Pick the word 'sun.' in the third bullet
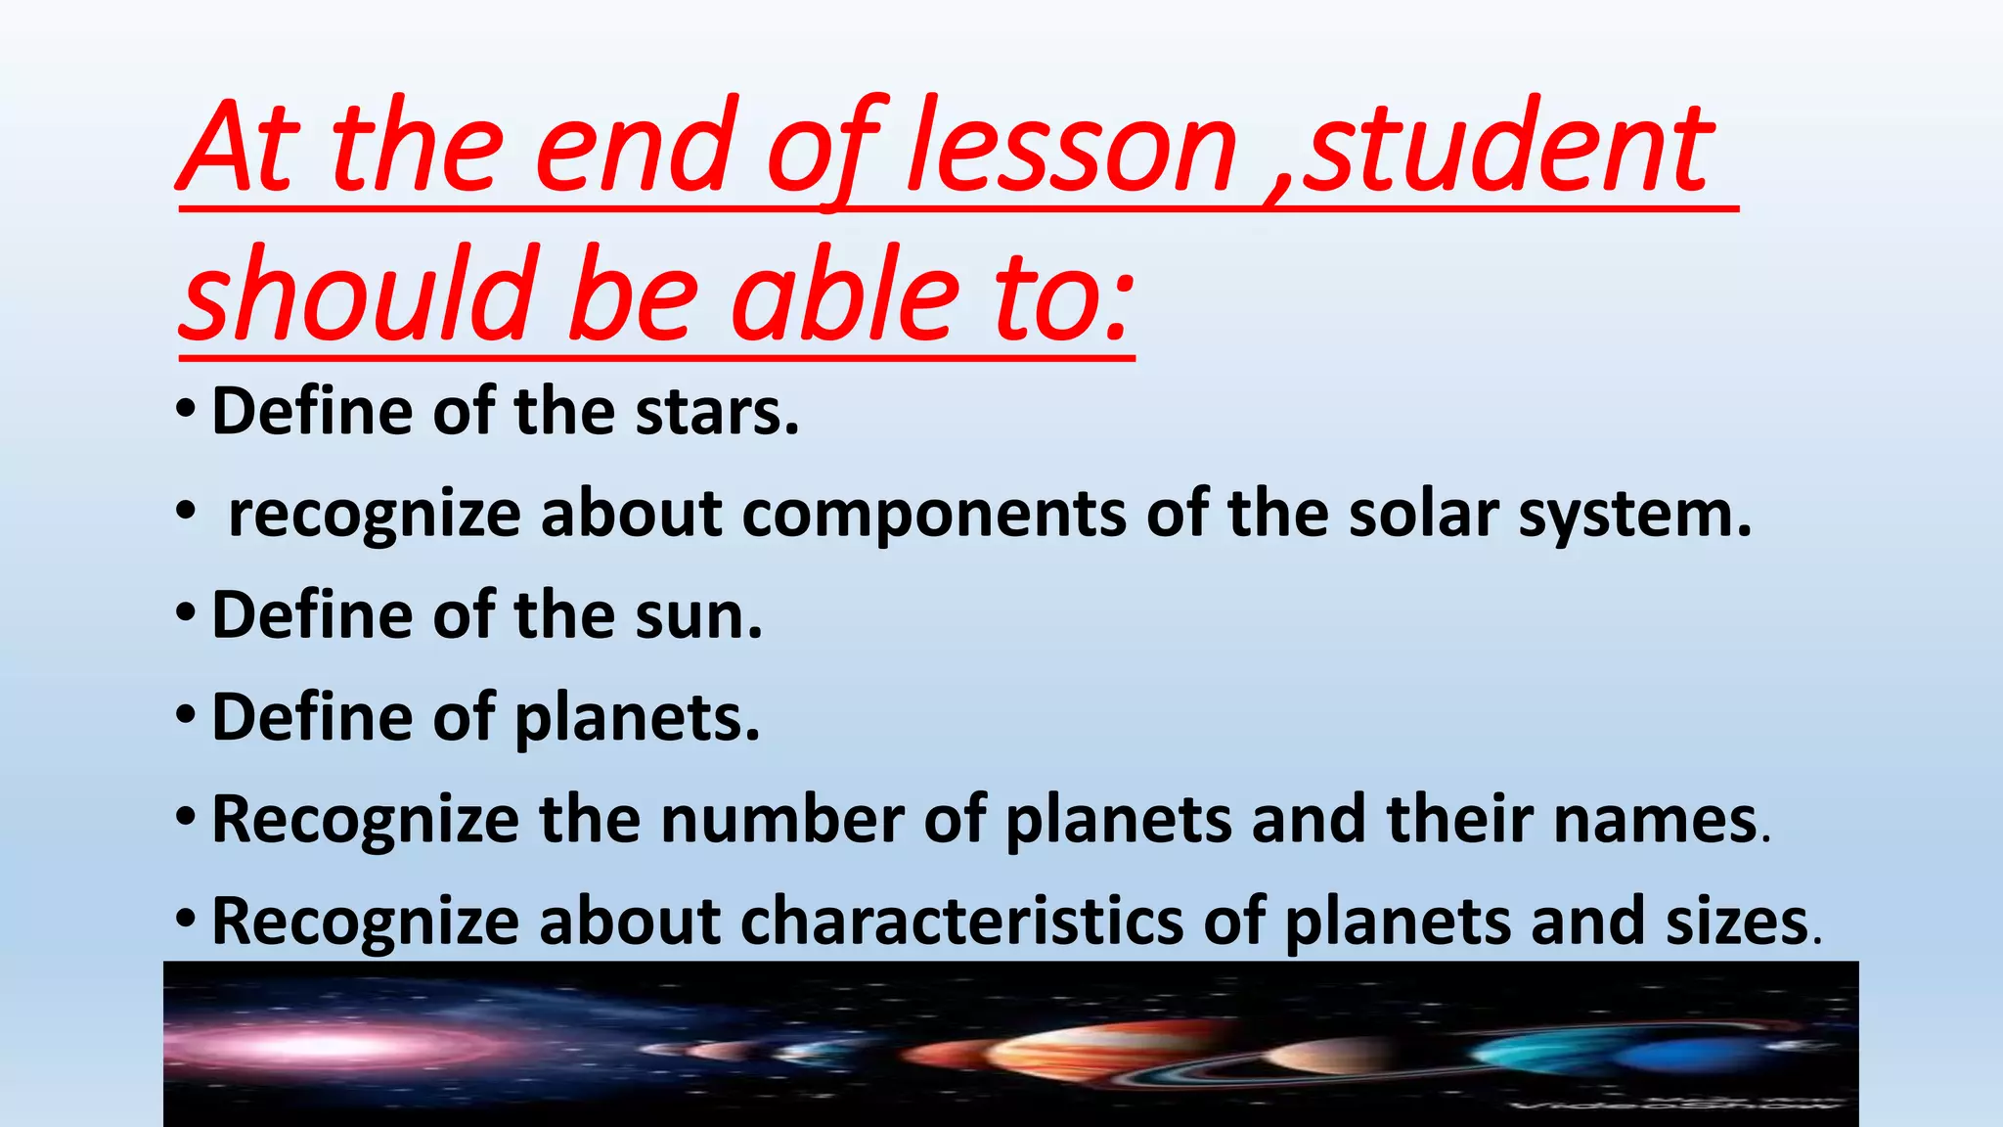pos(698,616)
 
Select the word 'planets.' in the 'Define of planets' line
pos(637,719)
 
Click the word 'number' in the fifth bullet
pos(781,820)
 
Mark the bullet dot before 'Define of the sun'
pos(186,613)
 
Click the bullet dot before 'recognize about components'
pos(186,511)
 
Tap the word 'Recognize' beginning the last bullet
pos(365,923)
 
